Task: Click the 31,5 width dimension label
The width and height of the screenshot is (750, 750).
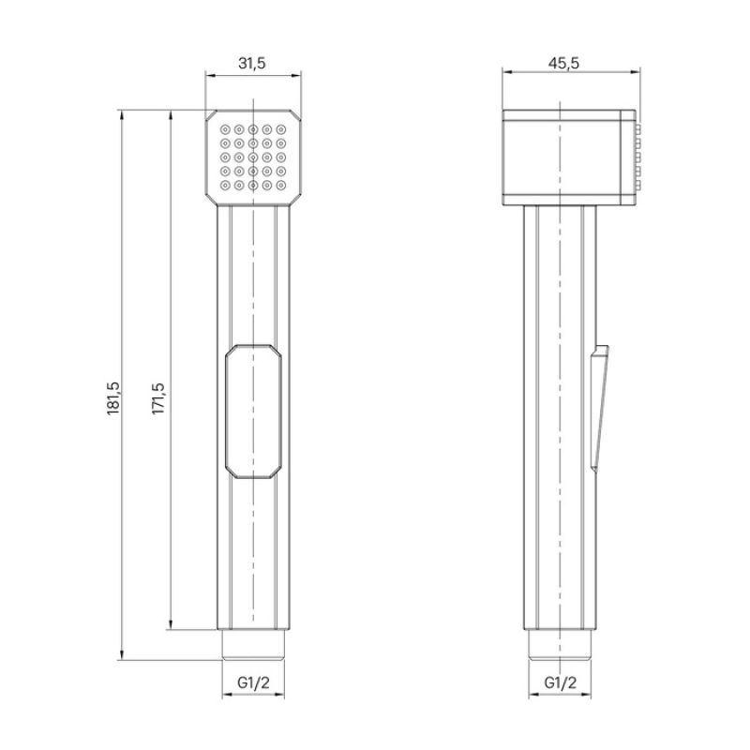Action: click(252, 64)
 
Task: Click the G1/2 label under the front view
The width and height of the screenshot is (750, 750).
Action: click(252, 684)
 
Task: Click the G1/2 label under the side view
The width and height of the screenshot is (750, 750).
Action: click(560, 684)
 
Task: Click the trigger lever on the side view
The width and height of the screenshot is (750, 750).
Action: click(599, 403)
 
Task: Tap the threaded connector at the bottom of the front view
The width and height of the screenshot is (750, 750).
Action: click(253, 644)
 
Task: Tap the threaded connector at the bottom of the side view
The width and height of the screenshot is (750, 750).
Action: click(560, 644)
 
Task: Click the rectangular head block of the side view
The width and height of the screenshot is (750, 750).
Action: click(562, 156)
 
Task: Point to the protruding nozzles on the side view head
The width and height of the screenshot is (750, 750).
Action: click(639, 156)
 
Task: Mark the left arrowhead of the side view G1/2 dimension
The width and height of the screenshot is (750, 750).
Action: click(532, 696)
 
